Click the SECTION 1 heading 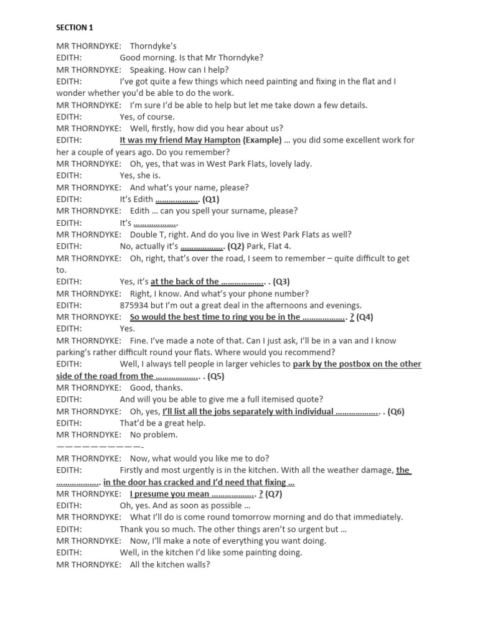[x=74, y=27]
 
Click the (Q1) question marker [x=210, y=199]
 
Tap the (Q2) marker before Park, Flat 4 [x=237, y=246]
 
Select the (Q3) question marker [x=281, y=282]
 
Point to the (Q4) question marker [x=365, y=317]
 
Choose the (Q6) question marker [x=396, y=411]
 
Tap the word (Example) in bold [x=262, y=140]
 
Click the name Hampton [x=221, y=140]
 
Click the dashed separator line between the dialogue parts [x=100, y=447]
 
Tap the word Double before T [x=144, y=235]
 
